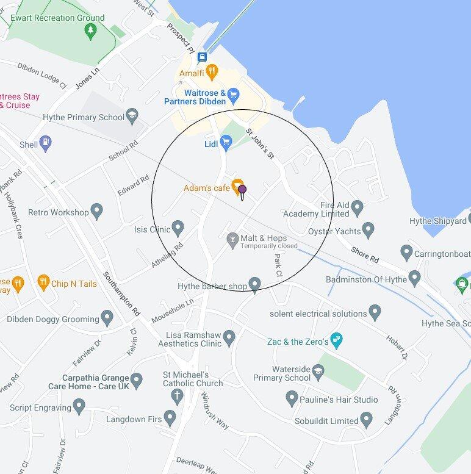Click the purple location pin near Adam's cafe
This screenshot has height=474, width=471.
pyautogui.click(x=242, y=191)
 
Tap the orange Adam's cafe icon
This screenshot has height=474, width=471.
pyautogui.click(x=238, y=188)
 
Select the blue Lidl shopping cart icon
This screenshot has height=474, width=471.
pyautogui.click(x=226, y=144)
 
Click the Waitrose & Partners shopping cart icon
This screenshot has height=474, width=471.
pyautogui.click(x=233, y=95)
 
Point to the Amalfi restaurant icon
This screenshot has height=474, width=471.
pyautogui.click(x=212, y=73)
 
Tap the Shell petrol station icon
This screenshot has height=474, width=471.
pyautogui.click(x=46, y=145)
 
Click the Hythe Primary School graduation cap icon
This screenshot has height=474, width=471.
pyautogui.click(x=132, y=117)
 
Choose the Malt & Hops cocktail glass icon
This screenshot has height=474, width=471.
pyautogui.click(x=232, y=240)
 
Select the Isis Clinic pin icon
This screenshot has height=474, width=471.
pyautogui.click(x=178, y=229)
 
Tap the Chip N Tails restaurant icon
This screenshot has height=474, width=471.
pyautogui.click(x=43, y=282)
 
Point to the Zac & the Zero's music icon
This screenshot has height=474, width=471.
pyautogui.click(x=336, y=339)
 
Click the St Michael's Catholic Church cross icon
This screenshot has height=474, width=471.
pyautogui.click(x=176, y=396)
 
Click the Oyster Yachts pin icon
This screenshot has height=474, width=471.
pyautogui.click(x=367, y=230)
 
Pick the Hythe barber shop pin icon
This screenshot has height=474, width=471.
pyautogui.click(x=254, y=284)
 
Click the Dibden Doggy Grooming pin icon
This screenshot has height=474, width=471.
pyautogui.click(x=107, y=318)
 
